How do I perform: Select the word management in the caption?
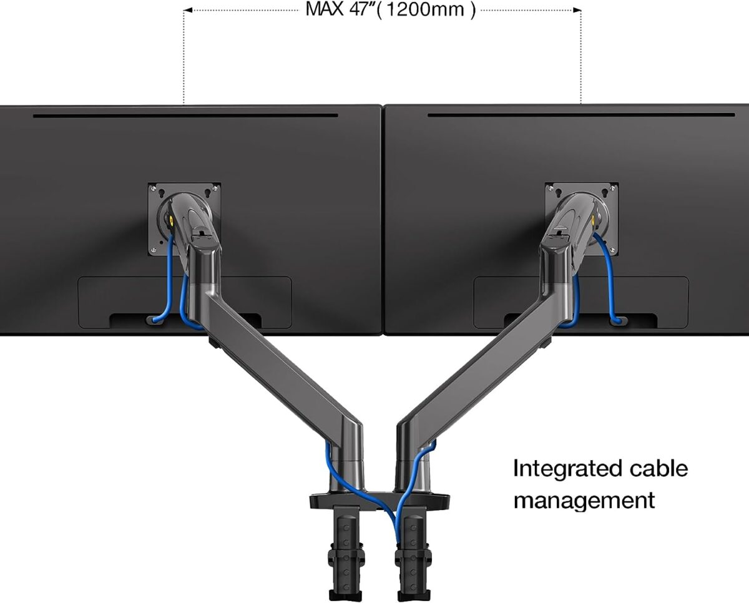[584, 500]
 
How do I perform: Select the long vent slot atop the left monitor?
[185, 115]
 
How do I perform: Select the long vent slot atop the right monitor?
[580, 115]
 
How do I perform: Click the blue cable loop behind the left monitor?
[164, 293]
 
